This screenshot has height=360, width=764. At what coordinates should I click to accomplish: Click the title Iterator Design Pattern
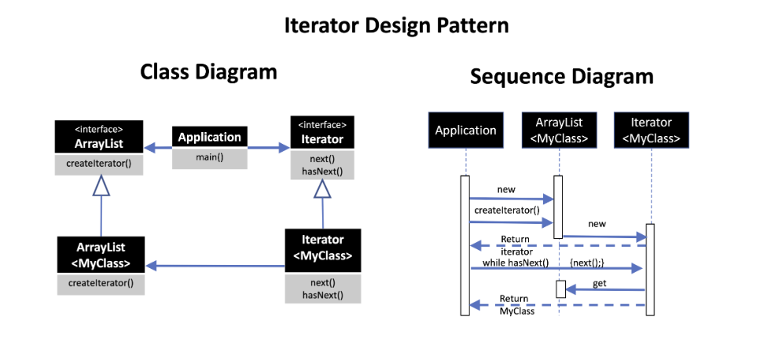point(396,26)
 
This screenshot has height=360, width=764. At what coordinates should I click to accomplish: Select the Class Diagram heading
point(208,72)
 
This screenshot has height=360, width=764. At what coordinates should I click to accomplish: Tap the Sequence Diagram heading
point(561,77)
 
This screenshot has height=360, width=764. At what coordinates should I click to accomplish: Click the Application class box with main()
point(210,148)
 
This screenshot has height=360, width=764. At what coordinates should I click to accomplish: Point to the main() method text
point(210,157)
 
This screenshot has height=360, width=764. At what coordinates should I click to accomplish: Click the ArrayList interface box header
point(99,138)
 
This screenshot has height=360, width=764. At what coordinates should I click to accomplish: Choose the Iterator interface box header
point(322,133)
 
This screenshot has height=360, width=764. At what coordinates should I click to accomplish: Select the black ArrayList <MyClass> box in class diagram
point(101,255)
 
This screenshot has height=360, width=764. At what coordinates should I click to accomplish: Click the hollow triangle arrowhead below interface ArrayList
point(101,186)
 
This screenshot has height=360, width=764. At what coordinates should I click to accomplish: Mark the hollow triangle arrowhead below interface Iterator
point(322,189)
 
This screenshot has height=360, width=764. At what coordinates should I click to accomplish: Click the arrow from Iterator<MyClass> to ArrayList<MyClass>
point(215,266)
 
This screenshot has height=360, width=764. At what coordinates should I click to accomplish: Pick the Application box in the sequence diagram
point(466,130)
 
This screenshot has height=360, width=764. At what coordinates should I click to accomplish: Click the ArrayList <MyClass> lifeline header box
point(559,130)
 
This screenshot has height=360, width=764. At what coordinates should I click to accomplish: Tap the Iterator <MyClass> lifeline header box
point(652,130)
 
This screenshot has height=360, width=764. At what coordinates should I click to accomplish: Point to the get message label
point(599,283)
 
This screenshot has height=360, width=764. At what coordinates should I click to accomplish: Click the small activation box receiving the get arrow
point(560,289)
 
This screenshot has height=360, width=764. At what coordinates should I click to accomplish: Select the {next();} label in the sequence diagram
point(586,263)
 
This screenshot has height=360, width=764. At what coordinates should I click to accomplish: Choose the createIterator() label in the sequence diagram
point(507,211)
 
